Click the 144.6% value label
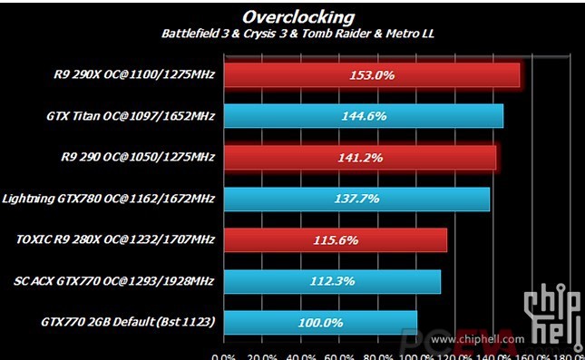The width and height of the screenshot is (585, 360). click(x=364, y=116)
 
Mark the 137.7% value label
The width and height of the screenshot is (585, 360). click(x=356, y=199)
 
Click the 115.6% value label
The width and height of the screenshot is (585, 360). click(x=336, y=240)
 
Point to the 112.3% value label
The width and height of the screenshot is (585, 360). click(x=331, y=281)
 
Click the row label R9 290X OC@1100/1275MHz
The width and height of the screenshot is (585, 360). click(x=134, y=75)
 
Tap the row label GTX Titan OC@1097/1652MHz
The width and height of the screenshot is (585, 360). click(x=130, y=116)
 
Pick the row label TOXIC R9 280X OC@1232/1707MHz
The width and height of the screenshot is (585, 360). click(x=115, y=240)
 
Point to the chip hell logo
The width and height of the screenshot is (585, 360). click(x=554, y=313)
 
